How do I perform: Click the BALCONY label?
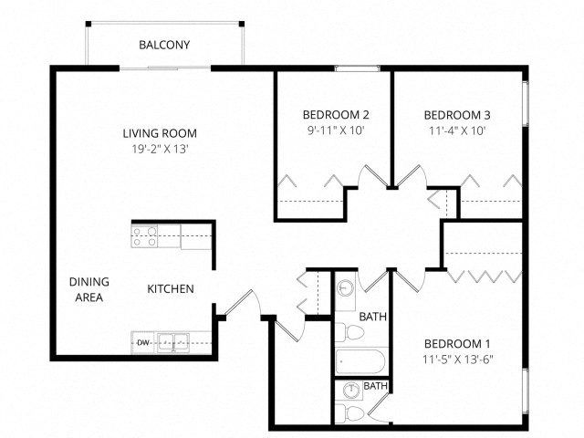point(164,45)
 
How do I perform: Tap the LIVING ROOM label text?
point(160,133)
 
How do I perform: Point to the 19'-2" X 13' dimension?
point(161,149)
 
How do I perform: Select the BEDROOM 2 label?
point(336,115)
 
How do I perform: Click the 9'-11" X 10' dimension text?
point(336,130)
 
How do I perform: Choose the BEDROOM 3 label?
point(457,115)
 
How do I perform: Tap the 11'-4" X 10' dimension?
point(457,130)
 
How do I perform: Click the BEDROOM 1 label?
point(457,343)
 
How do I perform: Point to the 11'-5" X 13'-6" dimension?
point(458,360)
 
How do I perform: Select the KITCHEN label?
point(171,289)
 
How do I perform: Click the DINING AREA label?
point(89,289)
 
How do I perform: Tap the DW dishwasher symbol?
point(142,343)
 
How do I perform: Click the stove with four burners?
point(144,236)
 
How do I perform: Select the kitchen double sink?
point(173,342)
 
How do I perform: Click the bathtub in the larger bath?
point(360,361)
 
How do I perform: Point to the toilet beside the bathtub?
point(349,332)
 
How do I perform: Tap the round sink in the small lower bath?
point(350,390)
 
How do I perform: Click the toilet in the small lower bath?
point(349,413)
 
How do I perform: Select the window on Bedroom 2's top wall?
point(357,68)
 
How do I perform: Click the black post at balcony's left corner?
point(89,24)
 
